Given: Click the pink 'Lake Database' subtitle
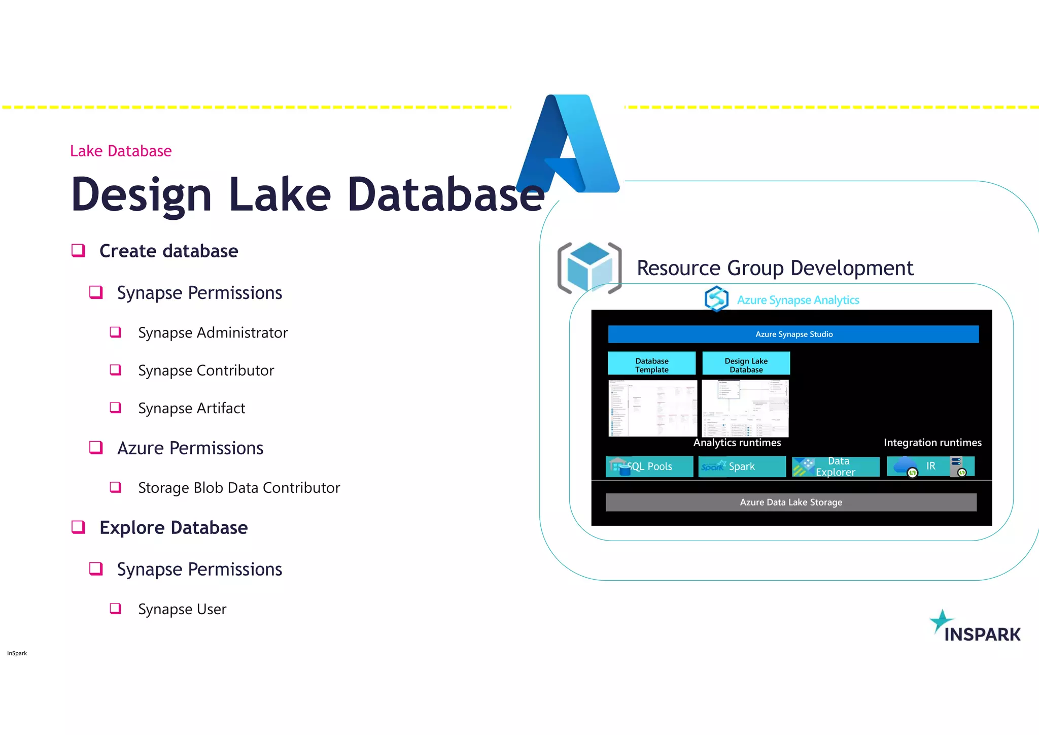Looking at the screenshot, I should click(x=121, y=151).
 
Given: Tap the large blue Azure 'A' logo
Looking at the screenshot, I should click(x=568, y=145).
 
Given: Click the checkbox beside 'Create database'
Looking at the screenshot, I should click(x=78, y=250).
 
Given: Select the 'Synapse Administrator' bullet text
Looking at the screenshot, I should click(x=213, y=333).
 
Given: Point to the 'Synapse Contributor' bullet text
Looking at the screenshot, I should click(x=206, y=371).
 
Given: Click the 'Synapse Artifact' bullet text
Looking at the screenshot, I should click(x=191, y=409).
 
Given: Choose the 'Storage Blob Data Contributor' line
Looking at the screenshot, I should click(x=239, y=488).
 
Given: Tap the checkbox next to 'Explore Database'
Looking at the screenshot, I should click(x=78, y=527).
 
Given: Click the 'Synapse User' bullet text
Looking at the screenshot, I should click(x=182, y=609).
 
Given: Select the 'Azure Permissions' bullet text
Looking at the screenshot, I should click(x=190, y=448).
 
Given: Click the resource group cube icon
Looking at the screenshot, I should click(x=589, y=268).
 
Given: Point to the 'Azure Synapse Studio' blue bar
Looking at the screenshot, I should click(x=793, y=334).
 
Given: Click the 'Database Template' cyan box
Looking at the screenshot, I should click(x=652, y=363).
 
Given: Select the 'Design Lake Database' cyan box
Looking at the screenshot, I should click(x=746, y=363).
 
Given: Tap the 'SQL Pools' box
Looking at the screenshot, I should click(x=649, y=466).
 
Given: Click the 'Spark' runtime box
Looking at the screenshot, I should click(x=742, y=466).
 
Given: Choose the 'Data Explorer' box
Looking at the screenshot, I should click(x=836, y=466).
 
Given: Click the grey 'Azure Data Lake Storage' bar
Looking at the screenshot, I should click(x=791, y=502).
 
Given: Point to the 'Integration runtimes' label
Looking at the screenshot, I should click(x=932, y=443).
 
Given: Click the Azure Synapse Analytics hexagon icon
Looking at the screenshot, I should click(x=716, y=298).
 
